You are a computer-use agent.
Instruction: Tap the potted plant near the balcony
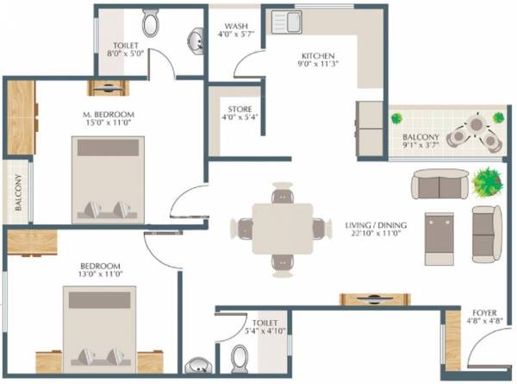[487, 182]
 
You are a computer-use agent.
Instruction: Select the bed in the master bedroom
[108, 178]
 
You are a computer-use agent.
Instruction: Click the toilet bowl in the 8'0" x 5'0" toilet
[150, 23]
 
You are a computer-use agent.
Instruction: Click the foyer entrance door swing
[483, 354]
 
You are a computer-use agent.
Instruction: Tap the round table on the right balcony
[477, 126]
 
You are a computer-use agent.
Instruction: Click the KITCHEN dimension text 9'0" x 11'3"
[316, 63]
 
